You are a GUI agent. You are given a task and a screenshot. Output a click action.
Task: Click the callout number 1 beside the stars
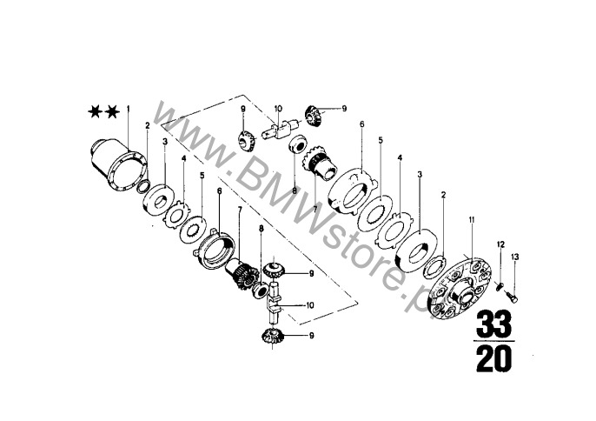click(128, 110)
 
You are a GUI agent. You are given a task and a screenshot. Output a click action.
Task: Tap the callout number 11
click(472, 220)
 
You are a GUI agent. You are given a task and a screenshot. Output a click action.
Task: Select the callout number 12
click(500, 244)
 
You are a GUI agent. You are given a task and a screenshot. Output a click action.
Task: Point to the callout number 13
click(514, 257)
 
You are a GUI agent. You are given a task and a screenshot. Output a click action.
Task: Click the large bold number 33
click(494, 324)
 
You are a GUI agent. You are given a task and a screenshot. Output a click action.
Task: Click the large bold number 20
click(494, 359)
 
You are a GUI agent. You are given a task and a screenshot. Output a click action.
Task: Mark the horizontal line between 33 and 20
click(494, 342)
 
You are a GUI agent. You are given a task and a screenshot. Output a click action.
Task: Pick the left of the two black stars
click(94, 112)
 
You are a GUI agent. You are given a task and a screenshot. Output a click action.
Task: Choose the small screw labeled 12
click(500, 286)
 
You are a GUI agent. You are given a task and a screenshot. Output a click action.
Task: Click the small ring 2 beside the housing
click(144, 187)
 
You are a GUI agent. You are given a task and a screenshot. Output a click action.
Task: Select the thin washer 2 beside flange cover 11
click(434, 264)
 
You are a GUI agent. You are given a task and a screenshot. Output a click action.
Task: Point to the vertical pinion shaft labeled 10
click(274, 299)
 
